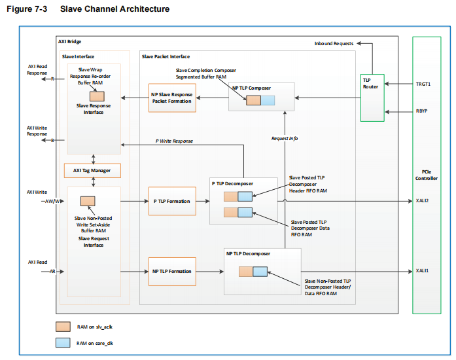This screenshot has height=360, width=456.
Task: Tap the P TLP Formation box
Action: (171, 202)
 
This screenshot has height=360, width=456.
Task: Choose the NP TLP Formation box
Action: (171, 271)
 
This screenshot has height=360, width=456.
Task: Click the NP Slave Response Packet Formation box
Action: (172, 98)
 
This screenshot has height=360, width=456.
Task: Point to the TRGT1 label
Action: (423, 84)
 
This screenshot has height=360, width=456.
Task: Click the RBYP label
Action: (423, 111)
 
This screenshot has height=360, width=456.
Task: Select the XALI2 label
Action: (423, 201)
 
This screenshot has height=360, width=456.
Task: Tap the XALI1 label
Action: (423, 270)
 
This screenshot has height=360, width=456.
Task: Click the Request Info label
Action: (285, 138)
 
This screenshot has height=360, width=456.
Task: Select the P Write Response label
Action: (174, 141)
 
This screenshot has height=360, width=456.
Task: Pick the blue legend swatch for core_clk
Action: (63, 342)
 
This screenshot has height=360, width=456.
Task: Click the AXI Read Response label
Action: (37, 69)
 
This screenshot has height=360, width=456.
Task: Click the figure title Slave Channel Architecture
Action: (114, 9)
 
